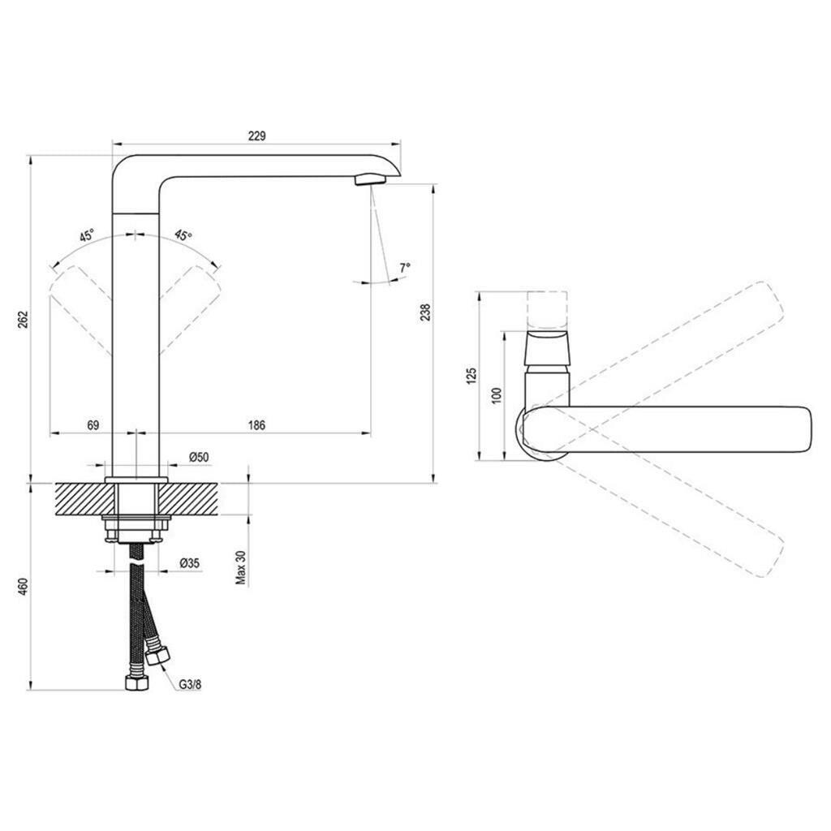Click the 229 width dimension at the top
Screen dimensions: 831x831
click(x=256, y=136)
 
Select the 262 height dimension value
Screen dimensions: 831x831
click(x=20, y=319)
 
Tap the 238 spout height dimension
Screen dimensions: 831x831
click(x=425, y=312)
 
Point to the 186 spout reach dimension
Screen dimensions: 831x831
click(x=256, y=425)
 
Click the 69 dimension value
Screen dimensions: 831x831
click(x=93, y=425)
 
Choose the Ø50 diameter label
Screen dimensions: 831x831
click(x=199, y=457)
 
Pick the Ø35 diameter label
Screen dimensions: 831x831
click(x=190, y=563)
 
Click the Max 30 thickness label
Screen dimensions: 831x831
click(x=242, y=566)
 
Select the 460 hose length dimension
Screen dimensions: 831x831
click(x=20, y=588)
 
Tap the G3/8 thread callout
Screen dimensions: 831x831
click(x=190, y=684)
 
